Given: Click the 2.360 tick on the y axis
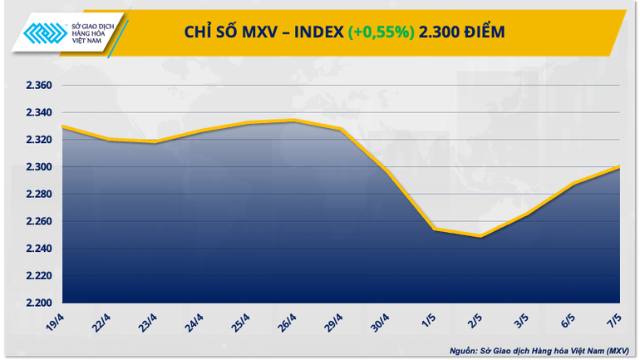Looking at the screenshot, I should [38, 86].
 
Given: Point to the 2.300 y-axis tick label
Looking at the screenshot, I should [38, 167].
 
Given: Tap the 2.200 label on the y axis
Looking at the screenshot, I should [38, 303].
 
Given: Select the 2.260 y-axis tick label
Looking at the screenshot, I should [38, 221].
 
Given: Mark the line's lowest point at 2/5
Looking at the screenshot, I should [480, 236].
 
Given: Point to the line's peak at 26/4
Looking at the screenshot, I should [293, 121].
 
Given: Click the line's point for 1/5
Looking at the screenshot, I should [434, 229].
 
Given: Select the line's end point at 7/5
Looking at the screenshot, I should [620, 166].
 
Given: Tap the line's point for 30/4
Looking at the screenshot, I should [386, 171].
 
